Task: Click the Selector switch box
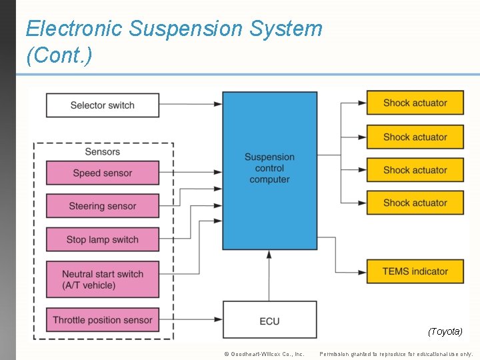[103, 105]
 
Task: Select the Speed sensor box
[103, 173]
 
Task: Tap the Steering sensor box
[103, 206]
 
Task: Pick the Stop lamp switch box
[103, 239]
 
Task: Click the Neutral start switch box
[103, 279]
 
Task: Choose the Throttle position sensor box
[103, 320]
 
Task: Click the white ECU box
[270, 319]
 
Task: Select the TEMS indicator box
[415, 271]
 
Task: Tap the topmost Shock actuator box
[415, 103]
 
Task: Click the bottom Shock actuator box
[415, 203]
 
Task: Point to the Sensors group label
[103, 151]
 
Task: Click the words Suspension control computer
[269, 168]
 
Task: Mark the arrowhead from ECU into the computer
[269, 255]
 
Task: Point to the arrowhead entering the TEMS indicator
[362, 272]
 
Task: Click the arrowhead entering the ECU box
[218, 319]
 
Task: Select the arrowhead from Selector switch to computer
[218, 104]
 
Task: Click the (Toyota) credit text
[445, 331]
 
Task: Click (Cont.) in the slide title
[59, 55]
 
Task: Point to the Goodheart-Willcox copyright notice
[265, 354]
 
